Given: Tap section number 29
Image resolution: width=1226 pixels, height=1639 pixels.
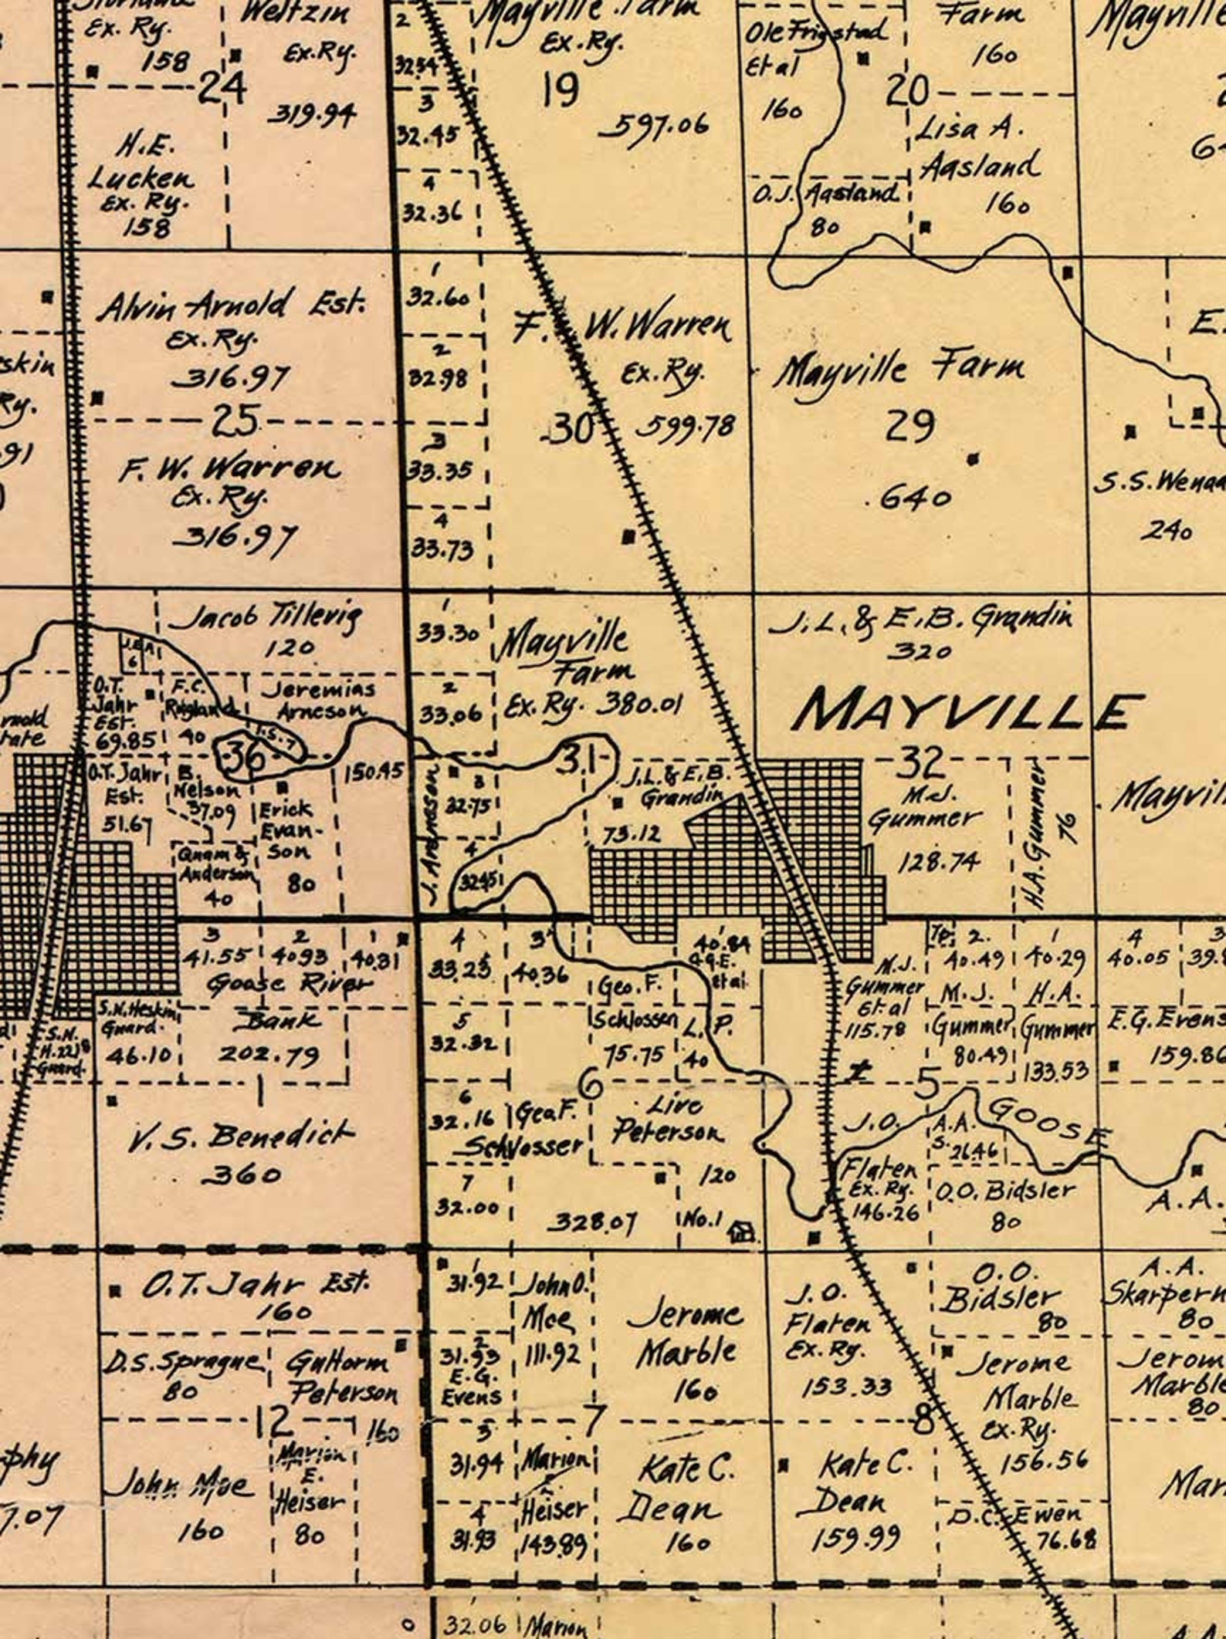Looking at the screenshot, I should (x=911, y=425).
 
